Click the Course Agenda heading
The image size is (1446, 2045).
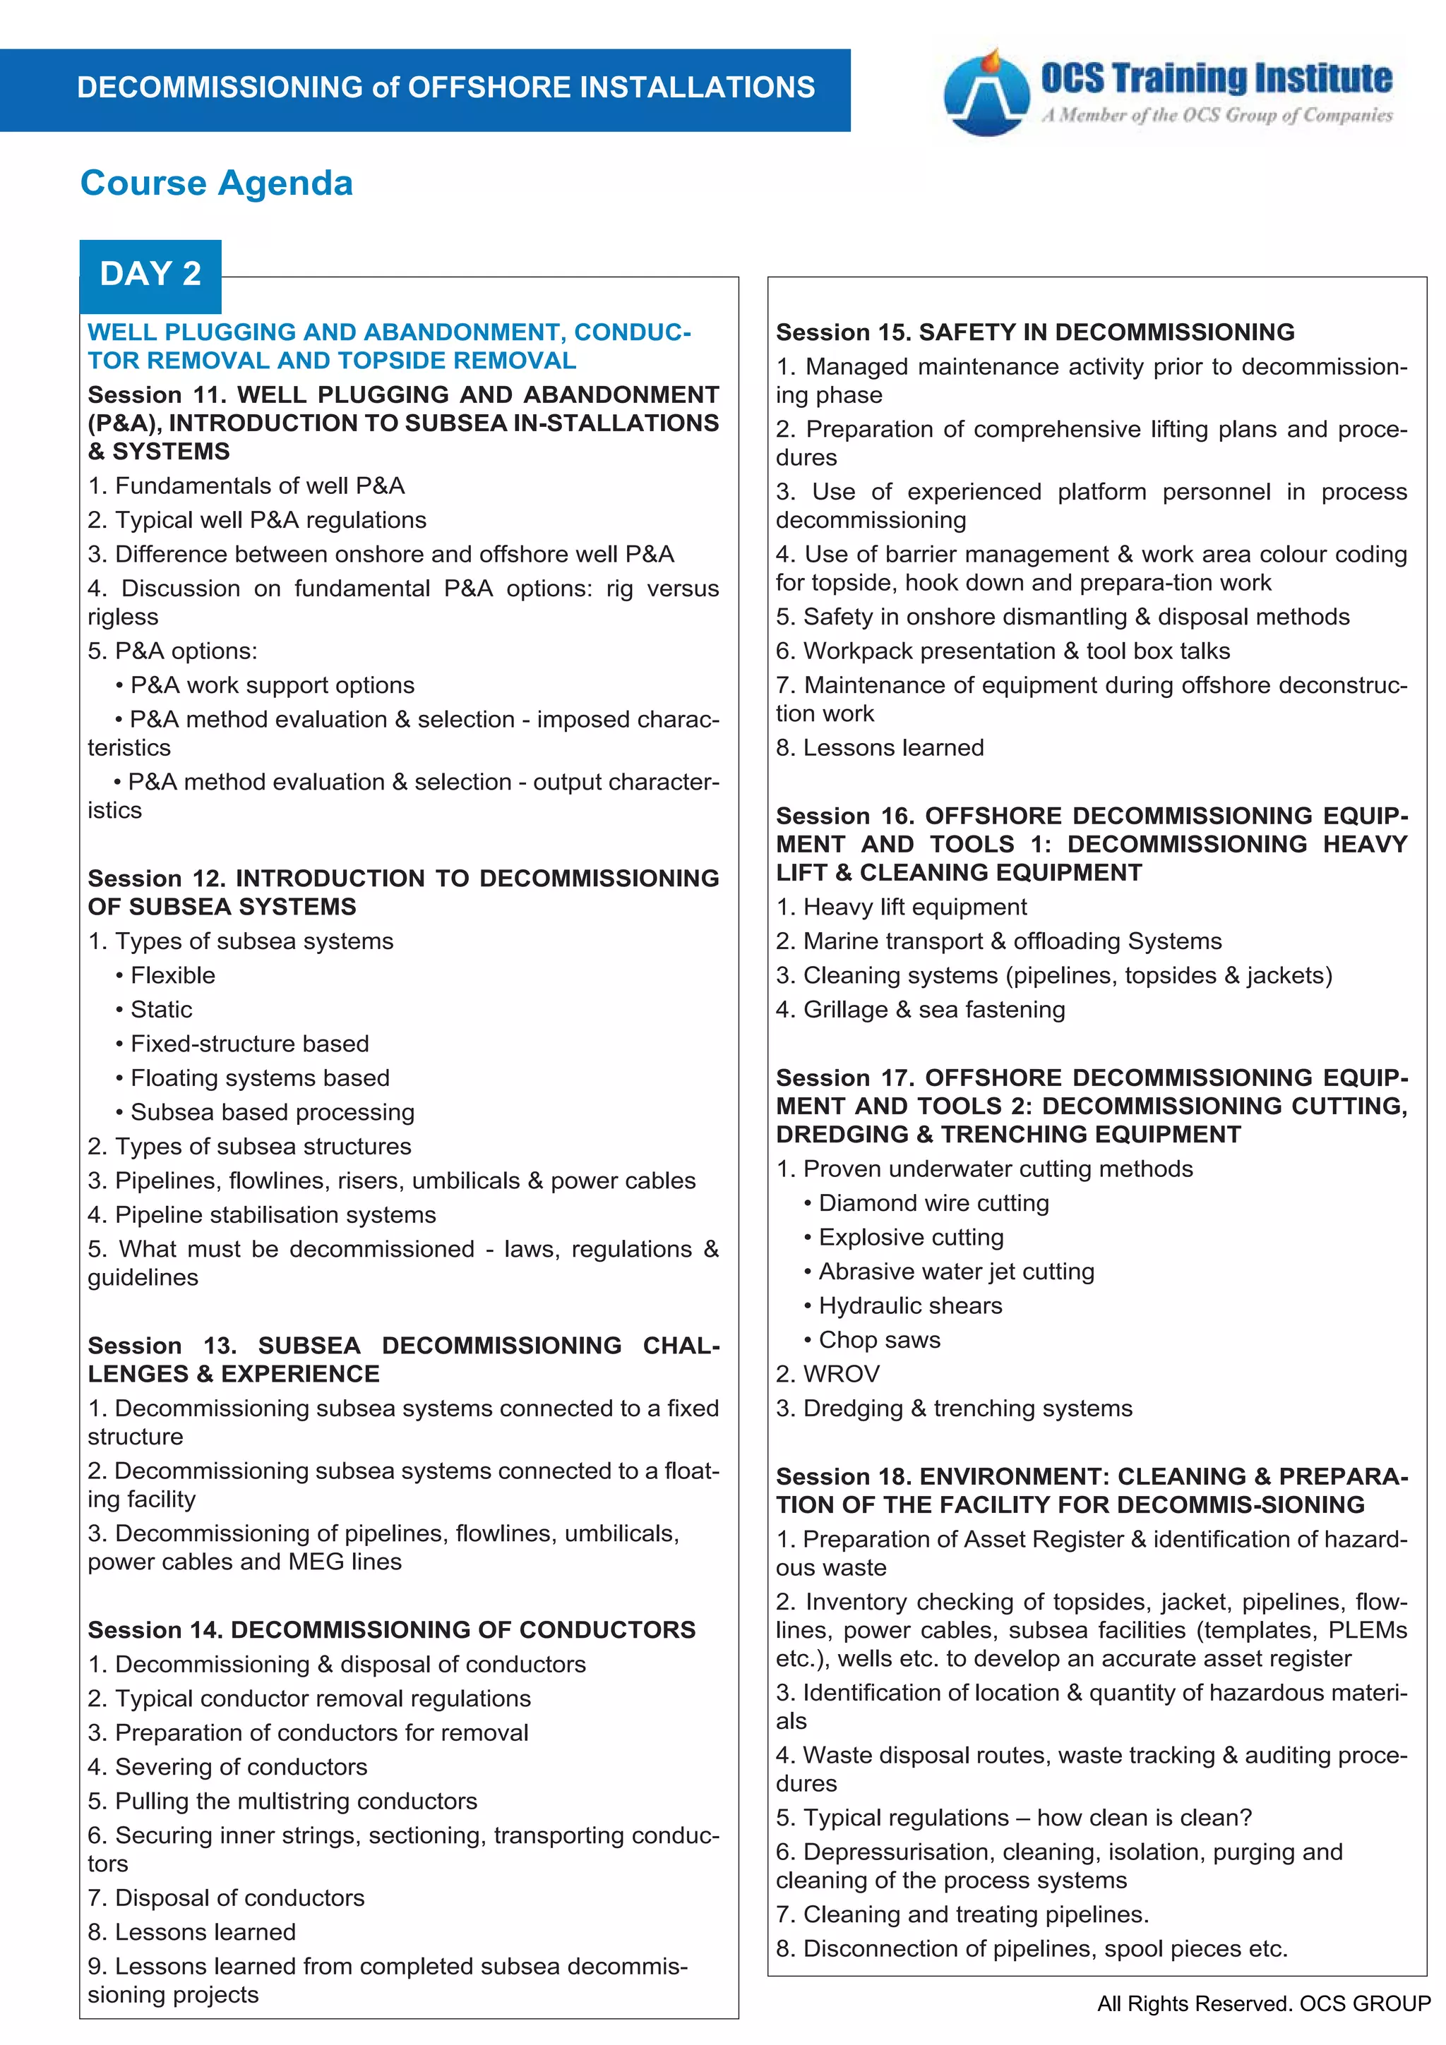(217, 183)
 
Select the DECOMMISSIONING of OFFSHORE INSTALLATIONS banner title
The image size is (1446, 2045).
(446, 88)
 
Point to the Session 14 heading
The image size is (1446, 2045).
(391, 1630)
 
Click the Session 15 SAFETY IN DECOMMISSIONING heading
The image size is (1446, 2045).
(1034, 332)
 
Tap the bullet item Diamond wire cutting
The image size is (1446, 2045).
(933, 1203)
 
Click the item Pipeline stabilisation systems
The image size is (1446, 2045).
(262, 1215)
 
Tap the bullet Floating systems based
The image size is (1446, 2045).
(259, 1079)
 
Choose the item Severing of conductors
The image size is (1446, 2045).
(227, 1767)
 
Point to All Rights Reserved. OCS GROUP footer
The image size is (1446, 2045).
(1263, 2004)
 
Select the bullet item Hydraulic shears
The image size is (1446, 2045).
(909, 1305)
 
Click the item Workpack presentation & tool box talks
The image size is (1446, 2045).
(1003, 651)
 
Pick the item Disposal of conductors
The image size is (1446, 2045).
(227, 1898)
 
